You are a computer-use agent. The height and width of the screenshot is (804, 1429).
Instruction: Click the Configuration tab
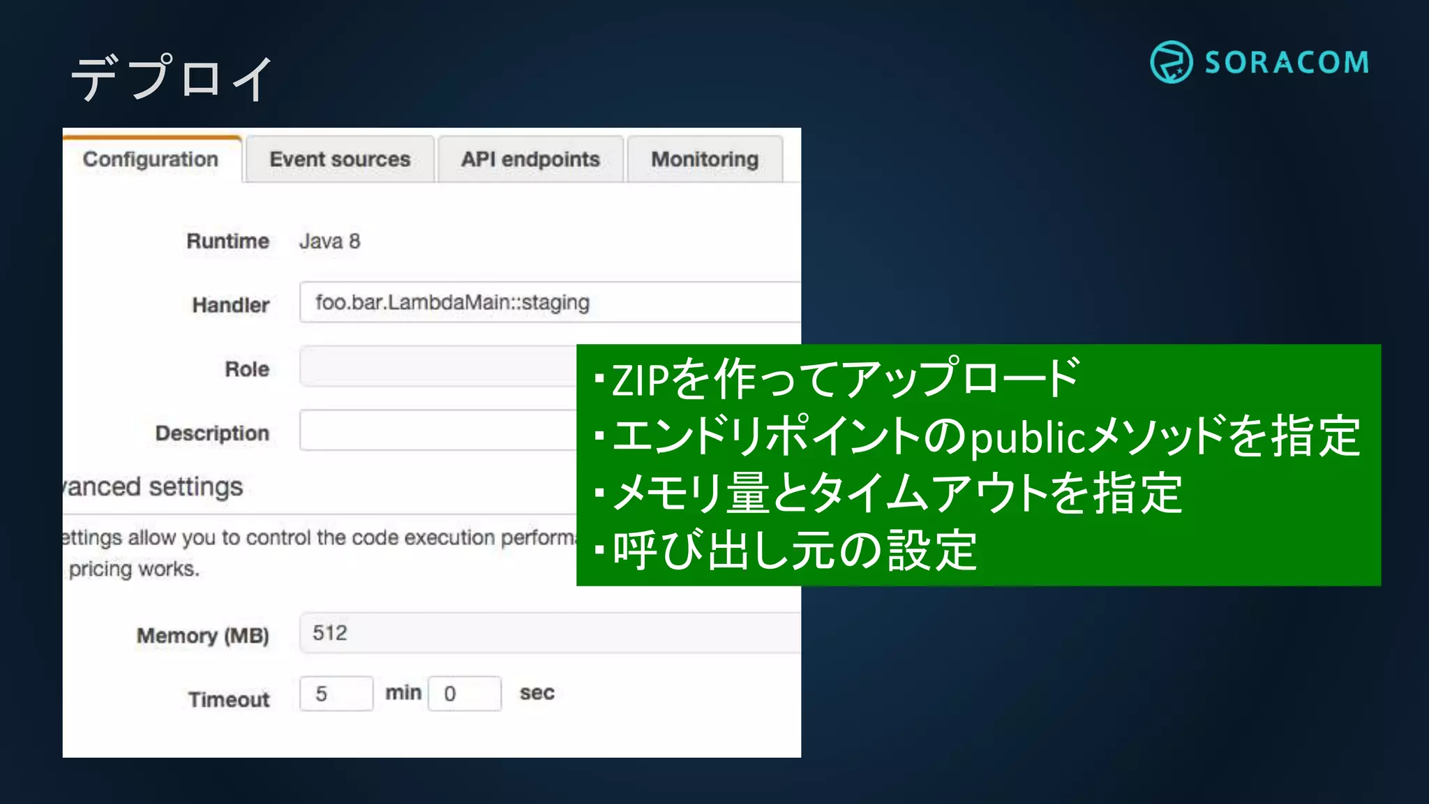pyautogui.click(x=151, y=159)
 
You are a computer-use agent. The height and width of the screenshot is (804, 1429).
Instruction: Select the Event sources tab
pyautogui.click(x=340, y=159)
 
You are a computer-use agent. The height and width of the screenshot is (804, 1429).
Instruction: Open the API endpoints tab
pyautogui.click(x=530, y=159)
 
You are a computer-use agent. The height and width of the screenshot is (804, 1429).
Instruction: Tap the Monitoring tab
pyautogui.click(x=705, y=159)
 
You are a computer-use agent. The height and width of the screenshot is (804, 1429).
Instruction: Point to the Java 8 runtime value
pyautogui.click(x=329, y=241)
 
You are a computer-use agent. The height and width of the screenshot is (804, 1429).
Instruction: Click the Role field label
pyautogui.click(x=247, y=369)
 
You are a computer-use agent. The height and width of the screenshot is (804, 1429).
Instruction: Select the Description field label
pyautogui.click(x=212, y=433)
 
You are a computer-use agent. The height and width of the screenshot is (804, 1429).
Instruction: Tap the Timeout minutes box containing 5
pyautogui.click(x=336, y=694)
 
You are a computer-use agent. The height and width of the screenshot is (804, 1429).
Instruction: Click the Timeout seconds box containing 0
pyautogui.click(x=465, y=694)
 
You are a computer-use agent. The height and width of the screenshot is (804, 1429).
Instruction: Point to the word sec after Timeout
pyautogui.click(x=537, y=693)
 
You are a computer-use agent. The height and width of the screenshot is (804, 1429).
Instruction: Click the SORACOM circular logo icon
pyautogui.click(x=1171, y=62)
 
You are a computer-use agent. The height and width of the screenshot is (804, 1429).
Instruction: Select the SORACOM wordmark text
pyautogui.click(x=1287, y=63)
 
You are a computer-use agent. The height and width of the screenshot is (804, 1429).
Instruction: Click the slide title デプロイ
pyautogui.click(x=172, y=77)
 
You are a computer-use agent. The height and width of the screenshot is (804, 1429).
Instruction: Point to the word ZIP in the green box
pyautogui.click(x=641, y=380)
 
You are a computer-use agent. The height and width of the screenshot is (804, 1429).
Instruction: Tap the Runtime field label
pyautogui.click(x=227, y=241)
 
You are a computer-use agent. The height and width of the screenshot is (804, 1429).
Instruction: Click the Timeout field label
pyautogui.click(x=229, y=699)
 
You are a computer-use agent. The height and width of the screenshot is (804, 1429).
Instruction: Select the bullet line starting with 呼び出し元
pyautogui.click(x=794, y=551)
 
